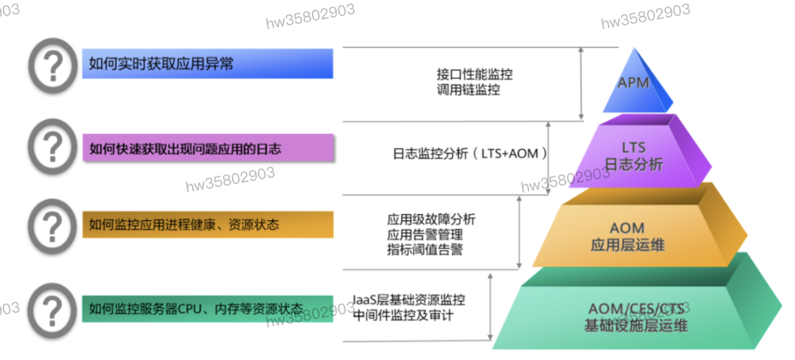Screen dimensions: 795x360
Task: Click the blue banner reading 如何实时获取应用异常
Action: click(x=208, y=63)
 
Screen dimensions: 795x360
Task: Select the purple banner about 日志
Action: click(x=208, y=148)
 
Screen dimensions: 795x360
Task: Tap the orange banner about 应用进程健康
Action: click(x=208, y=224)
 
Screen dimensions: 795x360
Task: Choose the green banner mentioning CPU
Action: click(x=208, y=308)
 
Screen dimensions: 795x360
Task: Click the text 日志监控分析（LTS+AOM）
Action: click(x=470, y=153)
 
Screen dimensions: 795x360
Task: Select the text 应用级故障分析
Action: click(x=431, y=220)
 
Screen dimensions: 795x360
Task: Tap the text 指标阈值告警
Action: click(x=425, y=250)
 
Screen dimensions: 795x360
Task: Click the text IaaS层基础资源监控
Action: click(x=409, y=301)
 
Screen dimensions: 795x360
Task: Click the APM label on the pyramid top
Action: click(x=634, y=82)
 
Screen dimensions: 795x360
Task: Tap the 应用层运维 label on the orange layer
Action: click(x=627, y=245)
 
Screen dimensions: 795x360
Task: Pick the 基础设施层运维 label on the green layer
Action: click(x=636, y=325)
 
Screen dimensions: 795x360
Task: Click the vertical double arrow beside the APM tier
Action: click(x=581, y=84)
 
